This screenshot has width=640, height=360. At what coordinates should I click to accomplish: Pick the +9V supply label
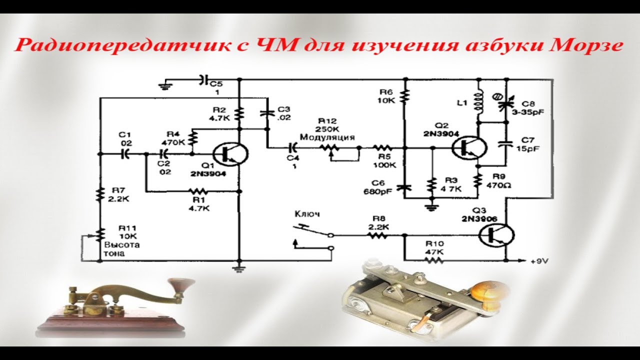538,261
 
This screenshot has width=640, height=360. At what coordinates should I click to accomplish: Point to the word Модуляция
327,137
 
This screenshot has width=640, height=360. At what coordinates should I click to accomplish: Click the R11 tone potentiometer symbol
100,233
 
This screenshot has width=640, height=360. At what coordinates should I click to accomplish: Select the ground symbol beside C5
164,86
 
